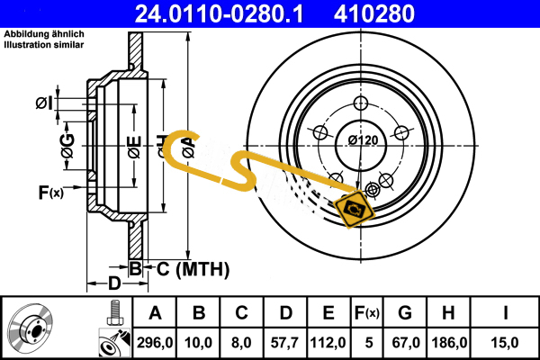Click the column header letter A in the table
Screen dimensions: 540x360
point(154,313)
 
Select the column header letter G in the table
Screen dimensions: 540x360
point(405,313)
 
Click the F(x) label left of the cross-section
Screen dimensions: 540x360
point(50,192)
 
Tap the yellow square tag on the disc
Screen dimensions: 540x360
point(354,209)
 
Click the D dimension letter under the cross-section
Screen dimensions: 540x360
point(114,284)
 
